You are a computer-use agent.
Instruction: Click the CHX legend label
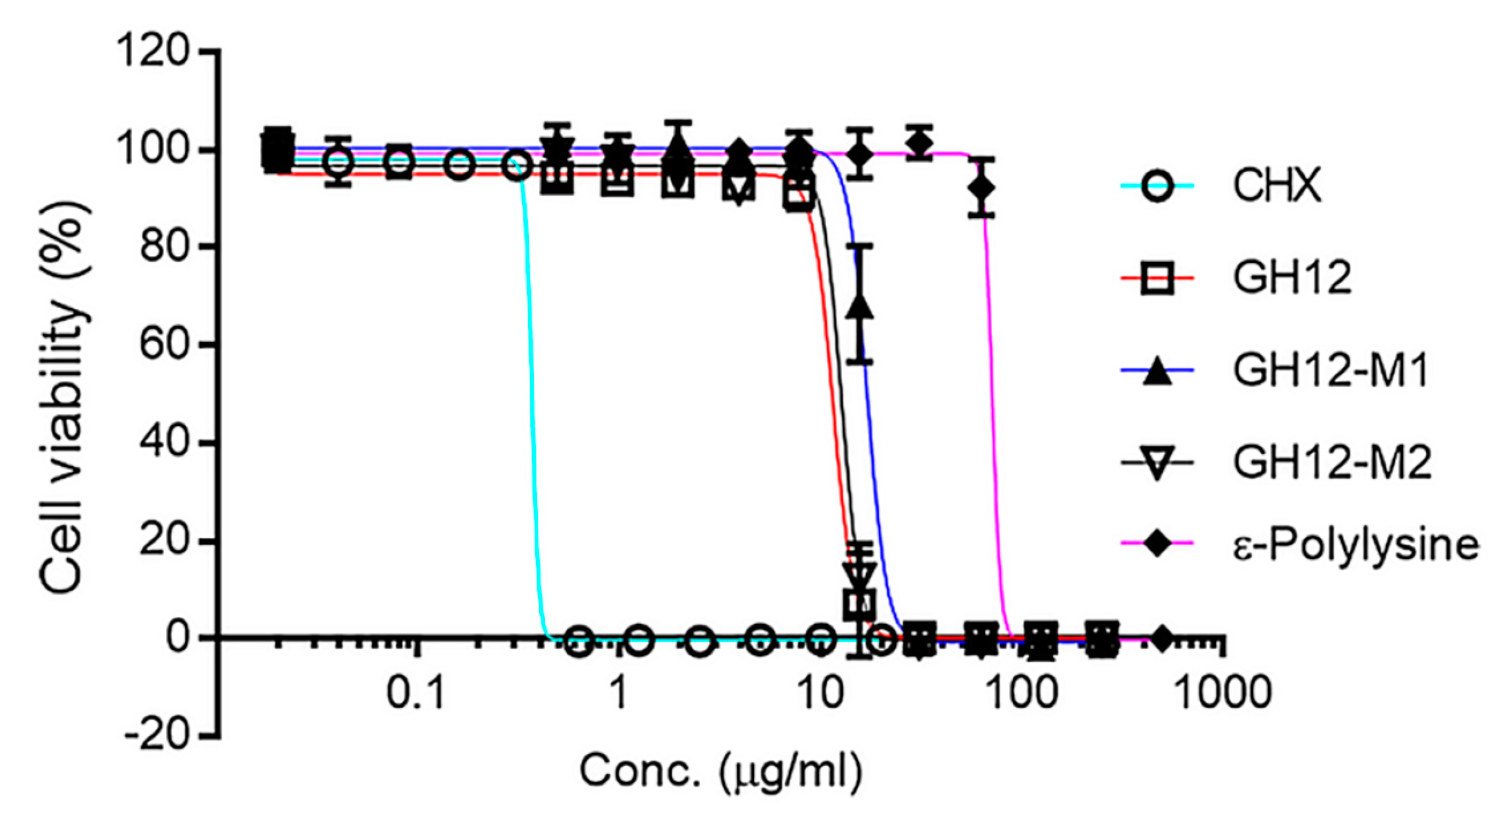(1277, 185)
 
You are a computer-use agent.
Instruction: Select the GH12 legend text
(1292, 277)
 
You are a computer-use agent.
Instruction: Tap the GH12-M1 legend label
(1331, 370)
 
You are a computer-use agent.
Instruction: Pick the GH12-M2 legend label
(1332, 462)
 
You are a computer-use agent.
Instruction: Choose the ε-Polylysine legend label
(1356, 545)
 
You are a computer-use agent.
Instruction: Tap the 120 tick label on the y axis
(154, 51)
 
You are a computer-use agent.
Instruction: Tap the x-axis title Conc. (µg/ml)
(721, 771)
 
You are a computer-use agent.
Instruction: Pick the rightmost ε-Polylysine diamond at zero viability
(1162, 637)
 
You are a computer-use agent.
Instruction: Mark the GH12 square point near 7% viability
(860, 603)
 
